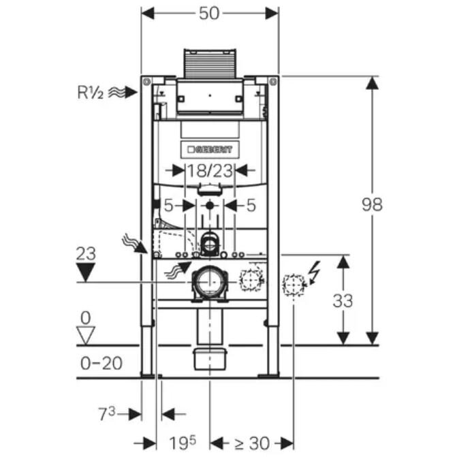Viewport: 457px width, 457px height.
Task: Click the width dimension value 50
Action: [210, 14]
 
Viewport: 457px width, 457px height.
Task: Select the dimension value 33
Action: [343, 300]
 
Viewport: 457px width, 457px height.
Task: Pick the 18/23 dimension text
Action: [210, 171]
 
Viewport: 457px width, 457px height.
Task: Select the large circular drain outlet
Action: [210, 281]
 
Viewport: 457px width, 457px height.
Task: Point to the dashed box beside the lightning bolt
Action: [293, 285]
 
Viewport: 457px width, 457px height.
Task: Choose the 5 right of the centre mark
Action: [251, 204]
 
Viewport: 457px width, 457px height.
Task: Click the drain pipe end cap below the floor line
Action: [210, 359]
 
